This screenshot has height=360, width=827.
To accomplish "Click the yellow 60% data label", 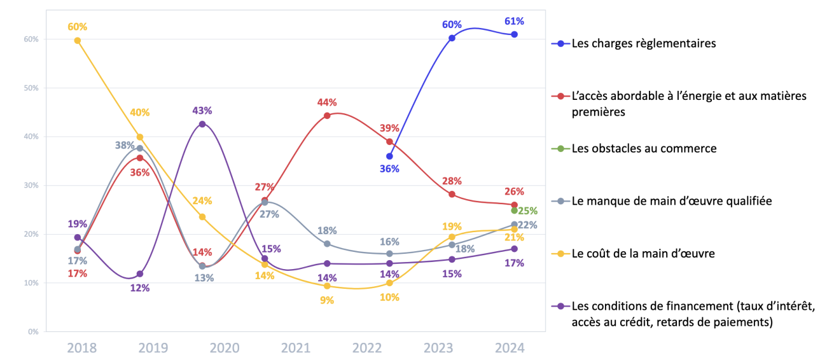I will [x=78, y=27].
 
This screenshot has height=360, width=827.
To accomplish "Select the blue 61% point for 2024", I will [x=515, y=34].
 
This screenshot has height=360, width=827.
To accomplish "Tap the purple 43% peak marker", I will [x=202, y=124].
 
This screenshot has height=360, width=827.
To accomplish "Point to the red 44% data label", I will [x=327, y=102].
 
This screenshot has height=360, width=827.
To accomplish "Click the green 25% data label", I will [x=527, y=211].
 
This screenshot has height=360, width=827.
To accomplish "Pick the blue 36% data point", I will [x=389, y=156].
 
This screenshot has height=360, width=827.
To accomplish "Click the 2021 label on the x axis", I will [x=296, y=348].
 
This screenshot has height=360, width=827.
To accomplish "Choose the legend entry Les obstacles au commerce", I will [x=644, y=149].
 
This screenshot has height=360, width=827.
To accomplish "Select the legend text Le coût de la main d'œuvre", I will [x=643, y=254].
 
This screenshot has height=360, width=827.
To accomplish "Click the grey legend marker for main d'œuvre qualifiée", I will [x=560, y=201].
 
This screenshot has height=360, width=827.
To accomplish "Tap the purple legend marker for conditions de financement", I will [x=560, y=306].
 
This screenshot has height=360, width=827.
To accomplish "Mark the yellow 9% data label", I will [x=327, y=300].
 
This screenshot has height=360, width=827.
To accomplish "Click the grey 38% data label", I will [x=125, y=145].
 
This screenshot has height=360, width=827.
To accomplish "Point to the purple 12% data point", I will [x=140, y=274].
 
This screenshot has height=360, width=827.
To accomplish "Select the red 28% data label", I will [x=452, y=181].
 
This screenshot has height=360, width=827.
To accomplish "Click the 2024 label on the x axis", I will [x=510, y=348].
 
